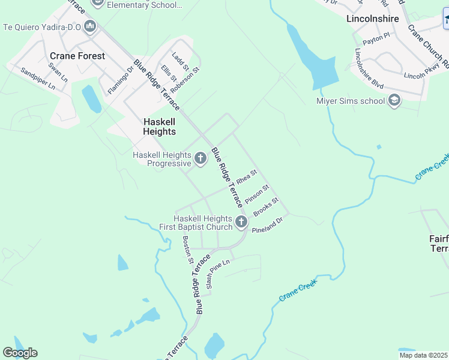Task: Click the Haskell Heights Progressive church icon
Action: (200, 159)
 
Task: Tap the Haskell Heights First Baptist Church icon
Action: (241, 223)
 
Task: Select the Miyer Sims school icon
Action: (394, 100)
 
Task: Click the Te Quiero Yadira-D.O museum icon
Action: (90, 26)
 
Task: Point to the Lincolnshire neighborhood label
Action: (373, 19)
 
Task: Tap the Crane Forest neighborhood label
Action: (77, 56)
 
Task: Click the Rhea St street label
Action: (246, 177)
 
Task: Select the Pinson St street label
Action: (257, 194)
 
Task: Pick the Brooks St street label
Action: (266, 207)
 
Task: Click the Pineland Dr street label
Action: (267, 226)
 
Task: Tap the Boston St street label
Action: (187, 250)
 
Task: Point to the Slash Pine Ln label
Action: (218, 274)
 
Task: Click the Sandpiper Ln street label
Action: (38, 79)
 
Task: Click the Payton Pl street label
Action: (376, 37)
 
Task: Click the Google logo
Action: (20, 353)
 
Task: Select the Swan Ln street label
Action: (58, 71)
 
